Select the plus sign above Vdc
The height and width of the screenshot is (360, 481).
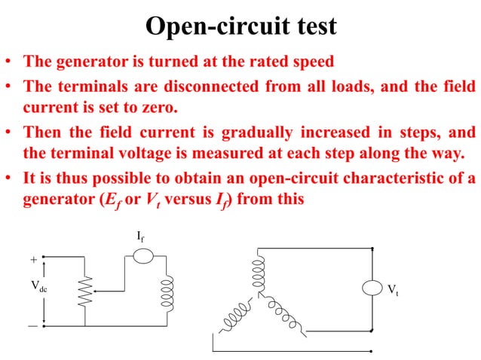[x=33, y=259]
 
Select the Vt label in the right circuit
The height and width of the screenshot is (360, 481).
[x=394, y=289]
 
